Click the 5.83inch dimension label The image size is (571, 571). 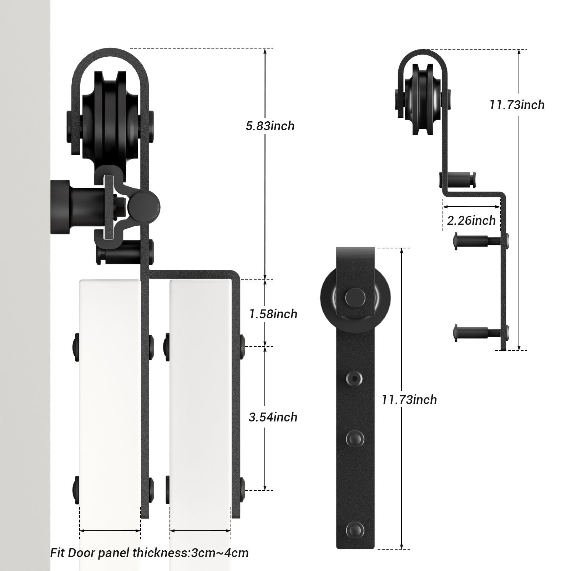point(270,126)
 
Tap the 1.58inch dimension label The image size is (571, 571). point(273,314)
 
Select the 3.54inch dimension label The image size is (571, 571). point(273,417)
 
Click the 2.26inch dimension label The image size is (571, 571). point(471,221)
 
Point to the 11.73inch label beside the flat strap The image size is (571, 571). point(409,400)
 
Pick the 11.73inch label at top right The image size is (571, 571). point(517,105)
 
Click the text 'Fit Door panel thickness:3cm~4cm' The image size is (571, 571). point(149,553)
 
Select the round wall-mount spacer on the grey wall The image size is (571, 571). point(62,207)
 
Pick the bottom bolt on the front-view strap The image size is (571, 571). point(355,528)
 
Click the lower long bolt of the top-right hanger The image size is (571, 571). point(478,332)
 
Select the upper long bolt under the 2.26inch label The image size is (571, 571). point(478,241)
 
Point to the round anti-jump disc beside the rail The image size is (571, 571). point(145,206)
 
